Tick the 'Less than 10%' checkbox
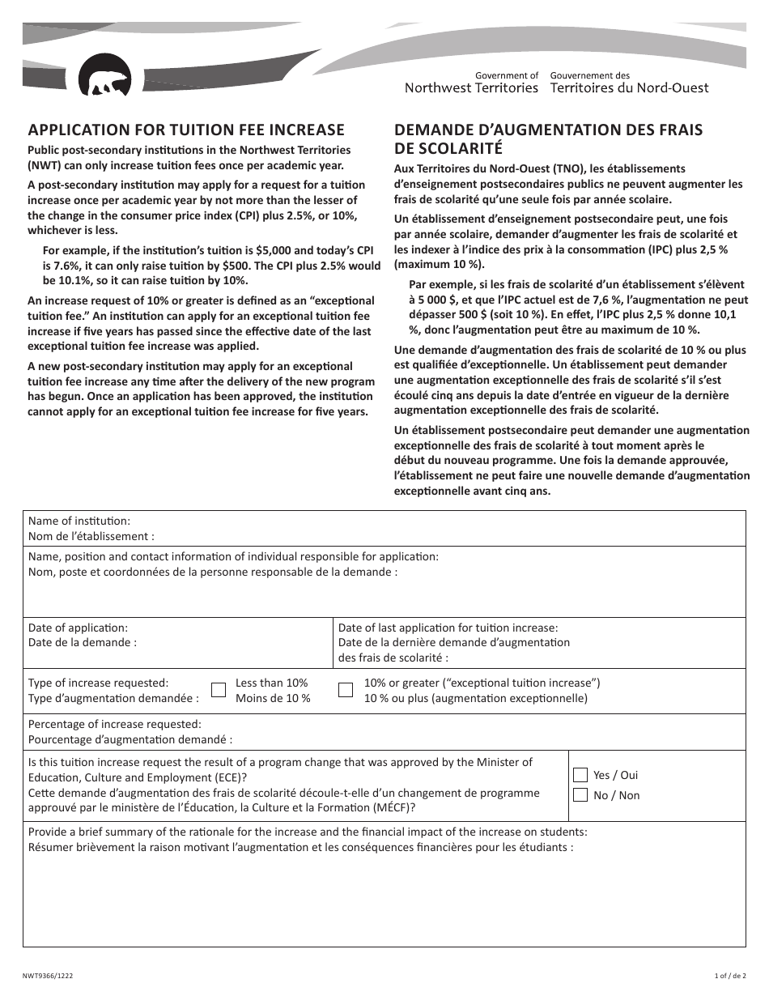(219, 690)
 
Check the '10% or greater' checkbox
(346, 690)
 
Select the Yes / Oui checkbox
(580, 774)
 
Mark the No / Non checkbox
(580, 794)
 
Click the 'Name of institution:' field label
(79, 521)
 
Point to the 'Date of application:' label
(78, 628)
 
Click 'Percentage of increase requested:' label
(115, 724)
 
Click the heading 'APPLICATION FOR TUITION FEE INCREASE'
(186, 130)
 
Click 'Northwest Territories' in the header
(471, 87)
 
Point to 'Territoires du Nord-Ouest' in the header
(629, 87)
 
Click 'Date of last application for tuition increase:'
(448, 628)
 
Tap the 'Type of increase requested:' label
(99, 683)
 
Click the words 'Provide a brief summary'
(93, 832)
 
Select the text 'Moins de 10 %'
(273, 698)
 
